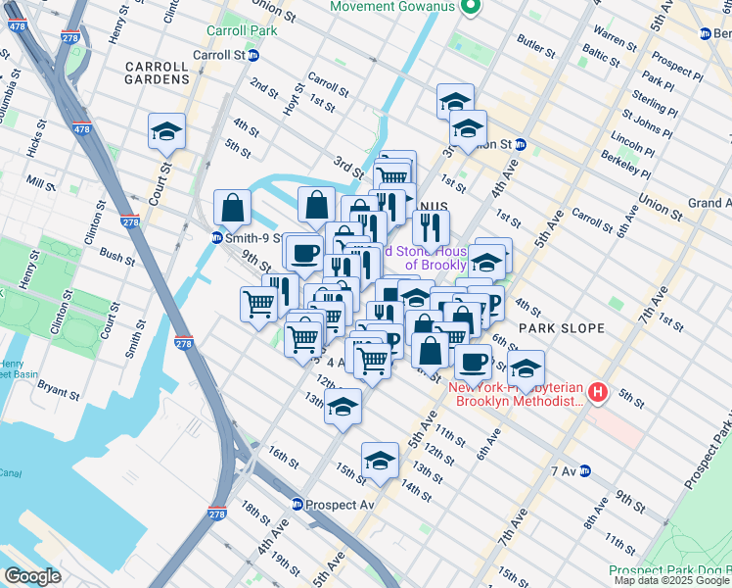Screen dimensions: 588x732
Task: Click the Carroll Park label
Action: click(x=242, y=30)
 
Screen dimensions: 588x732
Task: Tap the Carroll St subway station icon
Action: click(x=253, y=55)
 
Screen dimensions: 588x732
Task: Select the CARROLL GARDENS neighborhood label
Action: click(x=157, y=73)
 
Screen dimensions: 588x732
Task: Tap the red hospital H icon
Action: click(x=598, y=394)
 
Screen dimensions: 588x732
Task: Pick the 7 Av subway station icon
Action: click(x=585, y=471)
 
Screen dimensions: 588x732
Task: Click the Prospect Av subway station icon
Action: click(x=297, y=505)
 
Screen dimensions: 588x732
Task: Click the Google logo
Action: click(x=32, y=576)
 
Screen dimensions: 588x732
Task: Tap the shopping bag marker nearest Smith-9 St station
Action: click(x=233, y=207)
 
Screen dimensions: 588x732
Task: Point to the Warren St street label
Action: click(x=615, y=39)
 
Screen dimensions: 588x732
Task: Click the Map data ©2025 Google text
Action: click(x=671, y=580)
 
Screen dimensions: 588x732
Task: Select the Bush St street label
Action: click(x=116, y=258)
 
